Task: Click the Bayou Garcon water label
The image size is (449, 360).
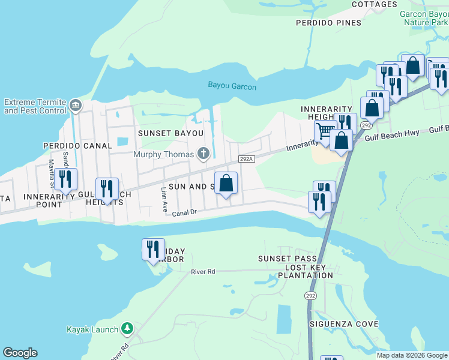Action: point(232,86)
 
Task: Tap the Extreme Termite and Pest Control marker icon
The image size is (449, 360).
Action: point(76,106)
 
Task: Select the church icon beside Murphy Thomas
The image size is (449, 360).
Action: point(203,154)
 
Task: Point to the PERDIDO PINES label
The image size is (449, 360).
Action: point(328,23)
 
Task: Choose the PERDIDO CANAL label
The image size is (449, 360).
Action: point(77,146)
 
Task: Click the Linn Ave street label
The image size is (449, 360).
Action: point(164,200)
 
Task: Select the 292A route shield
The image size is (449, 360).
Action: point(247,159)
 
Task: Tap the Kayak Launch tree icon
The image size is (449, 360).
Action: point(127,329)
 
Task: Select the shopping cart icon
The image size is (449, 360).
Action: point(325,130)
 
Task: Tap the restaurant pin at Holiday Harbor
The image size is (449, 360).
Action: point(153,248)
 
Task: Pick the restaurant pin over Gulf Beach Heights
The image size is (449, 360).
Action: point(107,188)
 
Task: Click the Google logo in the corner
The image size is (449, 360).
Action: point(20,353)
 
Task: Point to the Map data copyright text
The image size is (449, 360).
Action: point(412,355)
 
